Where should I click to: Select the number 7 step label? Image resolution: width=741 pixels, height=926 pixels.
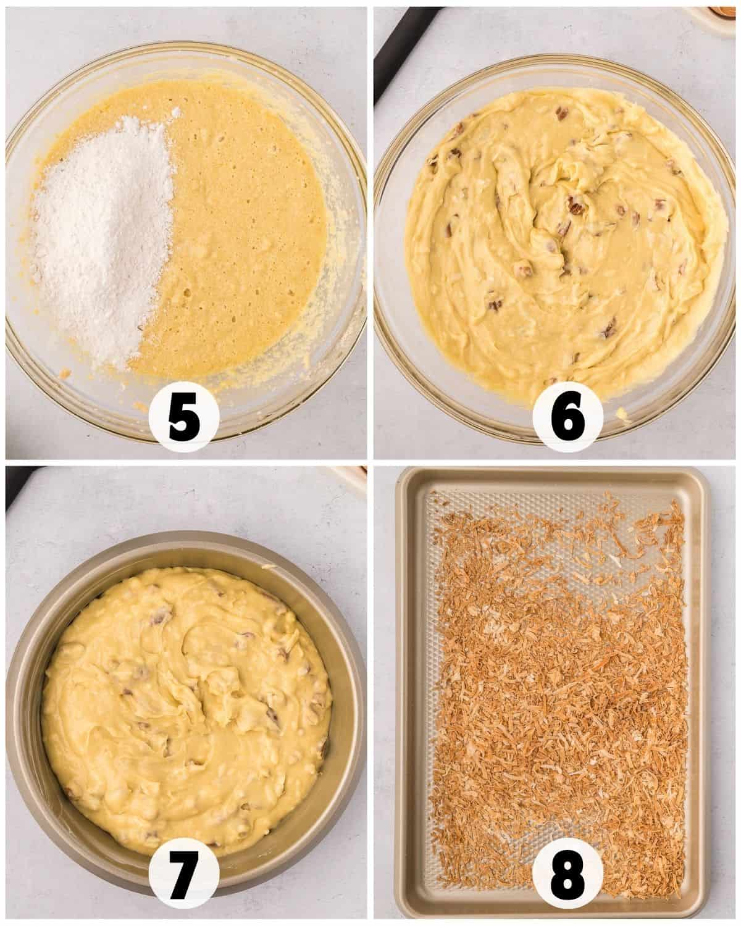pos(184,878)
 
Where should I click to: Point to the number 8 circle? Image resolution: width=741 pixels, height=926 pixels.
pos(568,878)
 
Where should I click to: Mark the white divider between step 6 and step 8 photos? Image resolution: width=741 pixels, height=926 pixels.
pos(556,462)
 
